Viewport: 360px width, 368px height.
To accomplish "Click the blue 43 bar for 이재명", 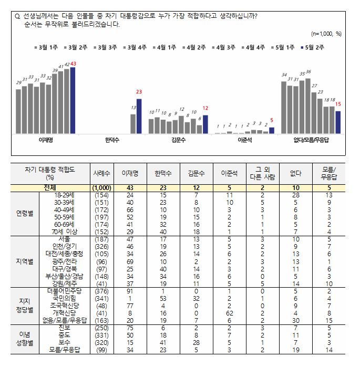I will click(73, 100).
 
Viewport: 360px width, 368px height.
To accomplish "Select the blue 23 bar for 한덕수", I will click(139, 116).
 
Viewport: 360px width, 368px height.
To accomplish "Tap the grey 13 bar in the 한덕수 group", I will click(133, 124).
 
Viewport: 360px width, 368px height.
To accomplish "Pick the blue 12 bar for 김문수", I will click(205, 124).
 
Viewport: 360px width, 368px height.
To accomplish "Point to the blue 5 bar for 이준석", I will click(272, 131).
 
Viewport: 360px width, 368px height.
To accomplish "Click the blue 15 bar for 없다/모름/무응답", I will click(338, 122).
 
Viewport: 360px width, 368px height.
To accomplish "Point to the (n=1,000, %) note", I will click(326, 34).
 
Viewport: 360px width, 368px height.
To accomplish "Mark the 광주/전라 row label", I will click(61, 261).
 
